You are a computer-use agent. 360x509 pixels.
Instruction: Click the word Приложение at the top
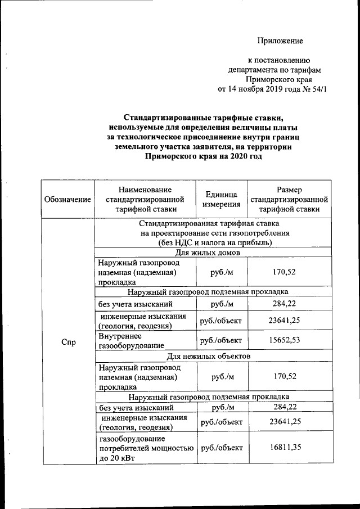coord(280,40)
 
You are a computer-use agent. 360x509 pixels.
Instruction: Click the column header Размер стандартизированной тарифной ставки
coord(289,199)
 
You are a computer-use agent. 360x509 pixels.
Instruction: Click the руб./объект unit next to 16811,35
coord(222,448)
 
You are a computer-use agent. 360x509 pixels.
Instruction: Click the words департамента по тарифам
coord(274,70)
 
